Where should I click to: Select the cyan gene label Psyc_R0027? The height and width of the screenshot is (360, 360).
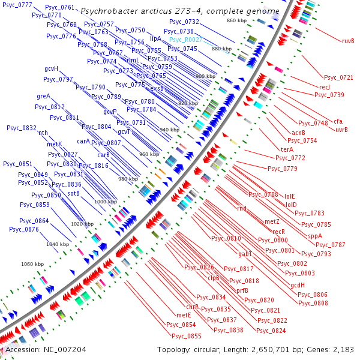click(x=185, y=40)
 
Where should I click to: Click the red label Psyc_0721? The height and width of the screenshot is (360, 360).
click(x=338, y=77)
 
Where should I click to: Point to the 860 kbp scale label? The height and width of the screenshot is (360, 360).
click(x=236, y=21)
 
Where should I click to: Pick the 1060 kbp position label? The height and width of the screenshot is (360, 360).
click(x=32, y=264)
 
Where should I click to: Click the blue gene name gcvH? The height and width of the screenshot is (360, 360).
click(x=52, y=69)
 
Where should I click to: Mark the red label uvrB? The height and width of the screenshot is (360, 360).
click(x=341, y=130)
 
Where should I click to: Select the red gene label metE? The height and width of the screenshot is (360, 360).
click(x=184, y=315)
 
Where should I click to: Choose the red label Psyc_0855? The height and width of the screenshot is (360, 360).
click(x=187, y=336)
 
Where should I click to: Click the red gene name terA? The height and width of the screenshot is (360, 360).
click(x=286, y=149)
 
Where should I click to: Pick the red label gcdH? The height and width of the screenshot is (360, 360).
click(x=298, y=285)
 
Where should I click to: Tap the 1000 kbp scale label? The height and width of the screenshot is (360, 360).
click(x=106, y=202)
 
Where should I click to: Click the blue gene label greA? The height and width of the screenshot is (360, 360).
click(x=43, y=97)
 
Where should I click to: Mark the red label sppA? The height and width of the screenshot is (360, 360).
click(x=315, y=236)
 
